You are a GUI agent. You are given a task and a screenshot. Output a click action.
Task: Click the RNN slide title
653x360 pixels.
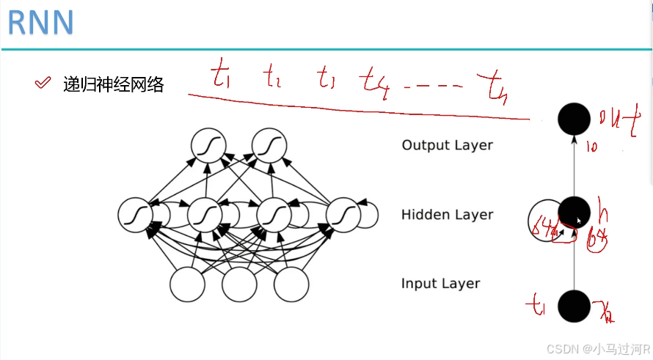[x=40, y=23]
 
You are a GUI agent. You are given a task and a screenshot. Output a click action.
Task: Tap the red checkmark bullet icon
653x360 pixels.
[x=43, y=84]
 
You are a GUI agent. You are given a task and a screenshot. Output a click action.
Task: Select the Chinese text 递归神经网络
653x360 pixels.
[x=113, y=84]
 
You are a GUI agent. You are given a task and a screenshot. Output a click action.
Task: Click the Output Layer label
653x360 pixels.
[x=447, y=145]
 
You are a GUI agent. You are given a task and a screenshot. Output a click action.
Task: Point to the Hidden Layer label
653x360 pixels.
[x=447, y=215]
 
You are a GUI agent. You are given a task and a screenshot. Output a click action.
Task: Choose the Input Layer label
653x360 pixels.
[x=440, y=284]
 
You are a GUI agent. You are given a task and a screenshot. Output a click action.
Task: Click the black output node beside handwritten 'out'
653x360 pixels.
[x=574, y=118]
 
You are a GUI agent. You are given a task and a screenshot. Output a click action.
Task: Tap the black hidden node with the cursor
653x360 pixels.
[x=573, y=213]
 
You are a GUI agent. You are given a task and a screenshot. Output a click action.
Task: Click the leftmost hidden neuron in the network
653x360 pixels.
[x=136, y=215]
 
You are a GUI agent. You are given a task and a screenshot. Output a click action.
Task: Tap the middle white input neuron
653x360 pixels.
[x=238, y=284]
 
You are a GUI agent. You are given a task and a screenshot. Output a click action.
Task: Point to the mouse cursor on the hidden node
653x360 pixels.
[x=579, y=220]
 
